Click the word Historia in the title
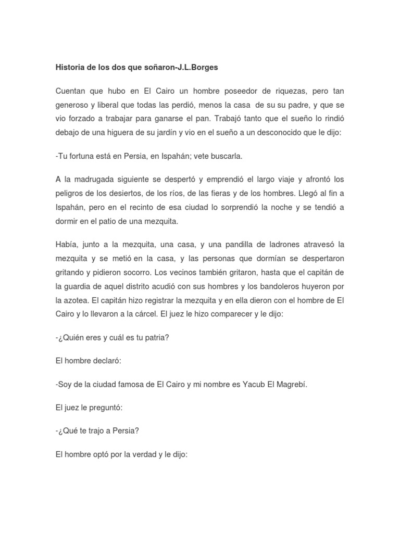pyautogui.click(x=70, y=67)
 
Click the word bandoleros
pyautogui.click(x=274, y=286)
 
